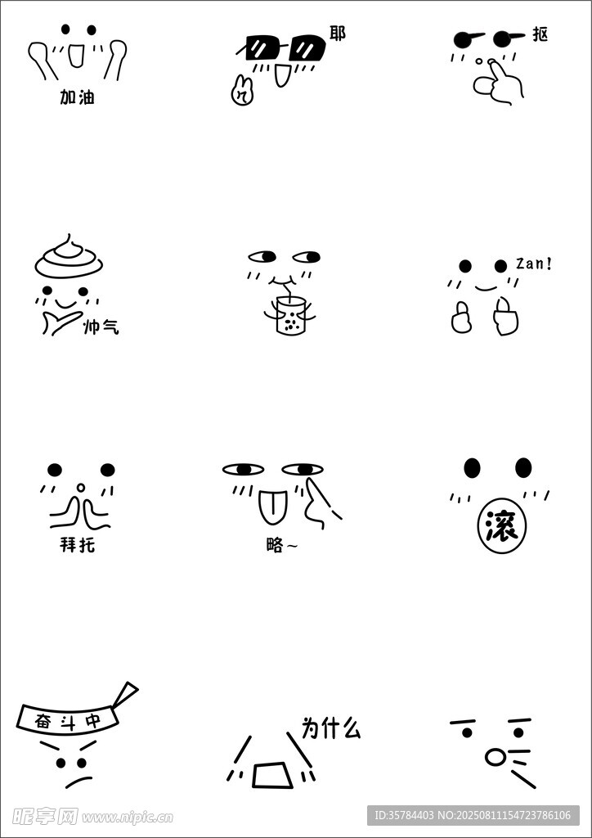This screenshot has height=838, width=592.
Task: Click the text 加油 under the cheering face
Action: (x=77, y=97)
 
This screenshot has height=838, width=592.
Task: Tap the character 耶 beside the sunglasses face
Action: (x=338, y=34)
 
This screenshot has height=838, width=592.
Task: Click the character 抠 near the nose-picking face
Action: (x=540, y=35)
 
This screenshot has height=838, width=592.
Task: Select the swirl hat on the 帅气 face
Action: (x=69, y=255)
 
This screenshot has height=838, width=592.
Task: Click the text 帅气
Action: (x=101, y=327)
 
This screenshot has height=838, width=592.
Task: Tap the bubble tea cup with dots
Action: (x=289, y=317)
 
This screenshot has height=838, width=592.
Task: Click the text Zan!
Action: (x=533, y=264)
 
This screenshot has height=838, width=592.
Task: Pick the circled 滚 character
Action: (x=501, y=527)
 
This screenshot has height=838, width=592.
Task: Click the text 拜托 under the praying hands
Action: (x=78, y=546)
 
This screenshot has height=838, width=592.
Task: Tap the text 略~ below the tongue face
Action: (x=282, y=546)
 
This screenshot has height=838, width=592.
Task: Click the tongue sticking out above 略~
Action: (x=273, y=507)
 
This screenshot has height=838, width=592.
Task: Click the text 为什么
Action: (x=331, y=728)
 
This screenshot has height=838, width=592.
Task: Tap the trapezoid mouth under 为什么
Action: (x=272, y=775)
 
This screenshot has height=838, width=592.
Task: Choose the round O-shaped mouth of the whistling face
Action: (x=495, y=757)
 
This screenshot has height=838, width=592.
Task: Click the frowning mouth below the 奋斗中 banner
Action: (x=78, y=781)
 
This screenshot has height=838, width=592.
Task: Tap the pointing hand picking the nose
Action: (x=496, y=83)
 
